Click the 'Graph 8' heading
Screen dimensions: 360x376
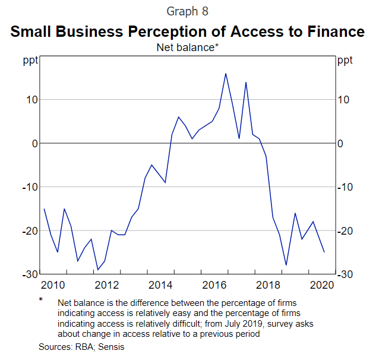(188, 11)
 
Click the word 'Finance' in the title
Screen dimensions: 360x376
(330, 31)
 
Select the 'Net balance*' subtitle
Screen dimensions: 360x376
(188, 47)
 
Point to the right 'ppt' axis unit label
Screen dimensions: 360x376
(345, 60)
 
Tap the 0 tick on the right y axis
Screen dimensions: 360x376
(340, 144)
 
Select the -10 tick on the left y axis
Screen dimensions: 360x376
(29, 187)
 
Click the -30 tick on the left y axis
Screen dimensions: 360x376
(29, 274)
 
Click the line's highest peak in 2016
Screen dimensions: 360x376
(225, 74)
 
